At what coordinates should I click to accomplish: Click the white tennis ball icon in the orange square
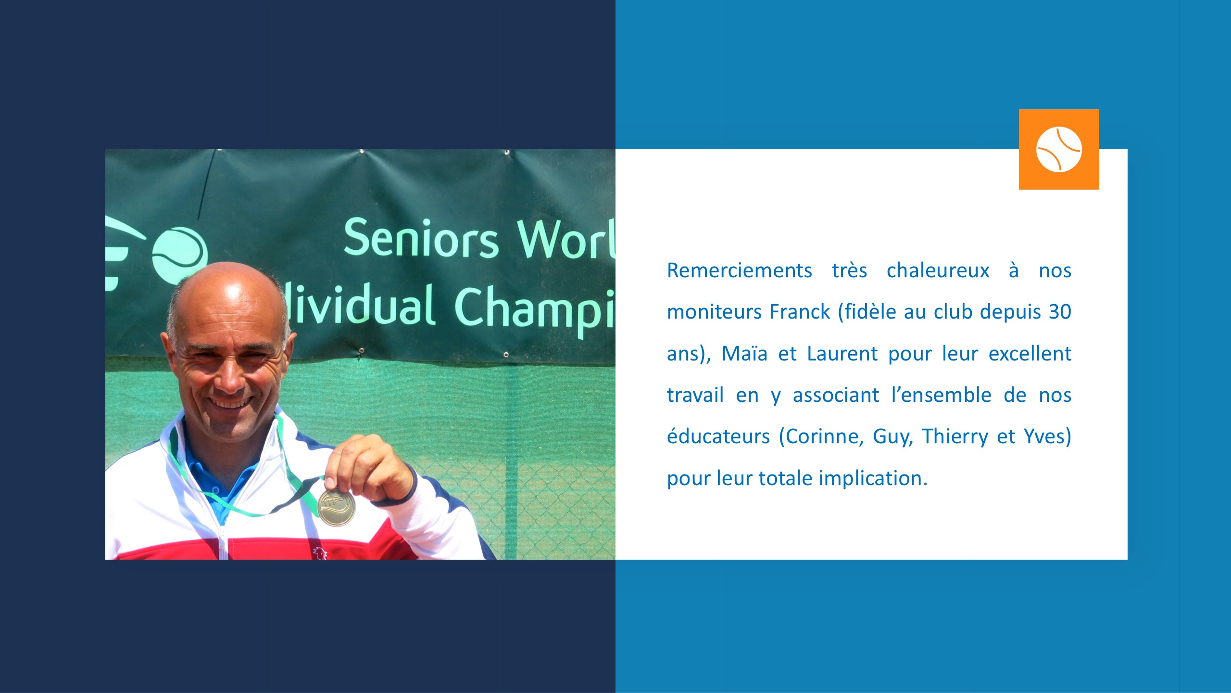click(1059, 149)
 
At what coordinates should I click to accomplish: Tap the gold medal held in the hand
click(337, 507)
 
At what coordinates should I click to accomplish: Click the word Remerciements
click(740, 270)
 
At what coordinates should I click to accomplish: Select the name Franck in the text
click(800, 312)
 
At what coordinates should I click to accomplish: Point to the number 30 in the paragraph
click(1060, 312)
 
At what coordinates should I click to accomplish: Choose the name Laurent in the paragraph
click(842, 354)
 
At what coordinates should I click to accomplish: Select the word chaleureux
click(938, 270)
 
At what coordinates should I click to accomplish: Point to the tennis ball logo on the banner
click(180, 255)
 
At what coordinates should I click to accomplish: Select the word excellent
click(1030, 354)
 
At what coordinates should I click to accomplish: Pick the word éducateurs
click(718, 436)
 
